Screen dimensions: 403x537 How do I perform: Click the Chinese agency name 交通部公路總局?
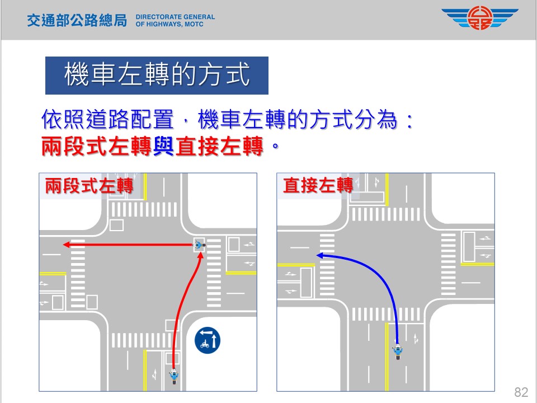pyautogui.click(x=77, y=21)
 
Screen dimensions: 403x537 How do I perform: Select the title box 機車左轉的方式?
pyautogui.click(x=157, y=76)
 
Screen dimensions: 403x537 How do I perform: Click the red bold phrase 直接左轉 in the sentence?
pyautogui.click(x=219, y=148)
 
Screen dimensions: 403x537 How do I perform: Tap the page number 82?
pyautogui.click(x=521, y=391)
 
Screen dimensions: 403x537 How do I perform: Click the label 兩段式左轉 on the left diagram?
pyautogui.click(x=89, y=186)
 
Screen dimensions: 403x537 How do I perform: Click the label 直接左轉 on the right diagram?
pyautogui.click(x=318, y=186)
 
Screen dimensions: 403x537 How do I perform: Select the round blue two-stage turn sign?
pyautogui.click(x=208, y=340)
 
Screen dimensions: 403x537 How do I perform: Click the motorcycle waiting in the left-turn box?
pyautogui.click(x=199, y=245)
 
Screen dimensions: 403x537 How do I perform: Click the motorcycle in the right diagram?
pyautogui.click(x=398, y=352)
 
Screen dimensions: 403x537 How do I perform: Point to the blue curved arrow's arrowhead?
pyautogui.click(x=319, y=255)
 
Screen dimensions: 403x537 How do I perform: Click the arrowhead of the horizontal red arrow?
pyautogui.click(x=65, y=245)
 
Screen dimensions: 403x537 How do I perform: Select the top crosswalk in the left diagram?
pyautogui.click(x=144, y=210)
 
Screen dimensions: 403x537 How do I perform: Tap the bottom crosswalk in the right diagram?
pyautogui.click(x=386, y=315)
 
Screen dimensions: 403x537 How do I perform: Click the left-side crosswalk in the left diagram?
pyautogui.click(x=78, y=274)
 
